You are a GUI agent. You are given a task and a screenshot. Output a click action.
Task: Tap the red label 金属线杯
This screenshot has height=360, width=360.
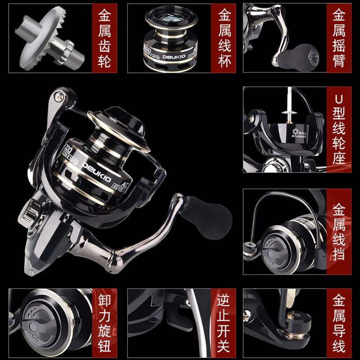point(224,38)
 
